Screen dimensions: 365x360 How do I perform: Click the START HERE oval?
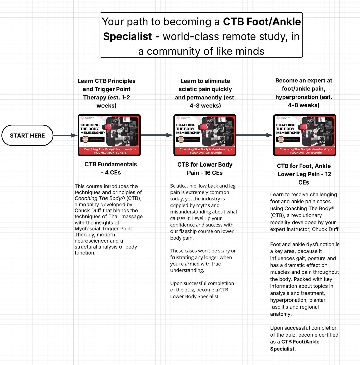[x=27, y=136]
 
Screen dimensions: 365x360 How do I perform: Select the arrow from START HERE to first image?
[x=65, y=135]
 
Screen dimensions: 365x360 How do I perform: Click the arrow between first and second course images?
[x=157, y=135]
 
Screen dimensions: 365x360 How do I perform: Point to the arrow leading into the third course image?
[x=255, y=135]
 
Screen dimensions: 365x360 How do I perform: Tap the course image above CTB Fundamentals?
[x=109, y=135]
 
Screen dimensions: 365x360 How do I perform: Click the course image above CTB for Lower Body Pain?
[x=205, y=135]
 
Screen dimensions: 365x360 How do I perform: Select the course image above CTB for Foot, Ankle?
[x=305, y=135]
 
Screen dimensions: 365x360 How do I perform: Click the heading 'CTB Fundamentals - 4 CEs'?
[x=111, y=168]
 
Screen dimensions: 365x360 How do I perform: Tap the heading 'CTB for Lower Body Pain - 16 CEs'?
[x=205, y=169]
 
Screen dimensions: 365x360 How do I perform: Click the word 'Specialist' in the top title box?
[x=128, y=37]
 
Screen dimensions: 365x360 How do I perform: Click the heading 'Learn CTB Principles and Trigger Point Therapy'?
[x=107, y=93]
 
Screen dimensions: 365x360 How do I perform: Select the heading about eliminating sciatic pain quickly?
[x=205, y=93]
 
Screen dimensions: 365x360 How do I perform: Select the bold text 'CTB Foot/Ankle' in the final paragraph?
[x=300, y=342]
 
